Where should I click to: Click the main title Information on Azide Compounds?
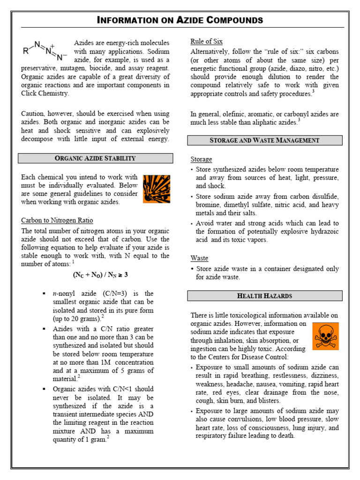click(x=180, y=20)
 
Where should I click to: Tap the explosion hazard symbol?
click(x=157, y=189)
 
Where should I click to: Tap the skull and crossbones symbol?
click(x=325, y=336)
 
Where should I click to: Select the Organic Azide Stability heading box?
click(x=95, y=158)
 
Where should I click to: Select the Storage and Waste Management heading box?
click(x=265, y=140)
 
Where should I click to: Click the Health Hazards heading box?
click(x=265, y=296)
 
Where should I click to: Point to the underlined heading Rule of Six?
click(x=206, y=41)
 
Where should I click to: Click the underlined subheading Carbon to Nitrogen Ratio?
click(x=57, y=220)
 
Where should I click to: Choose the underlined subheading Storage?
click(x=201, y=159)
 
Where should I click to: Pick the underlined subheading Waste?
click(x=199, y=258)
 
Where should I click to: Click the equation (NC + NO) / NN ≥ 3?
click(x=100, y=275)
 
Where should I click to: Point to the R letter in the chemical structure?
click(x=25, y=52)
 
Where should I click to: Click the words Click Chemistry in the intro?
click(x=45, y=93)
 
